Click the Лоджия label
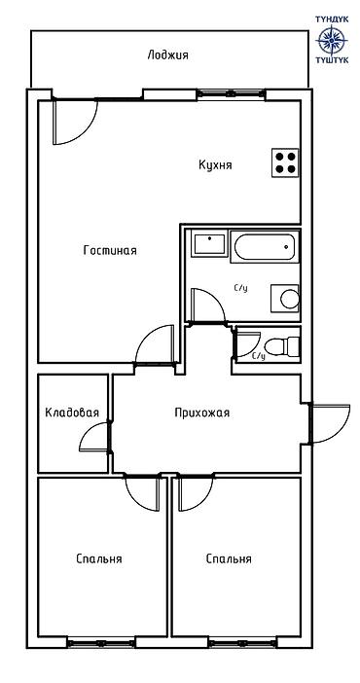168,55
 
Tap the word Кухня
215,165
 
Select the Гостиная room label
110,251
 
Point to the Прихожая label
201,413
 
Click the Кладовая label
72,413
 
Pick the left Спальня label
98,559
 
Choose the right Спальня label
229,559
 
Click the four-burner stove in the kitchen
285,162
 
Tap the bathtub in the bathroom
264,247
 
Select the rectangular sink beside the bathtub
207,242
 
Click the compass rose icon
332,40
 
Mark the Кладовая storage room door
94,437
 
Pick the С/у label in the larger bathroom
240,288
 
